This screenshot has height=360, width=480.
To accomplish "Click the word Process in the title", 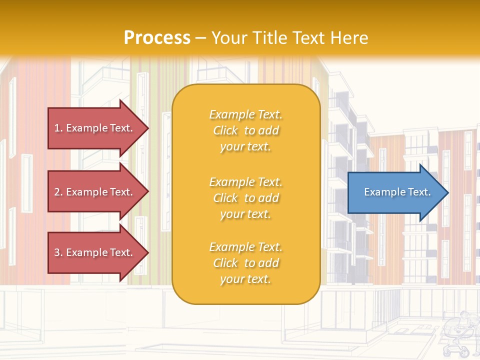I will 157,38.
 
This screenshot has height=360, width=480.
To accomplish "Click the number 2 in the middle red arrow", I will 57,192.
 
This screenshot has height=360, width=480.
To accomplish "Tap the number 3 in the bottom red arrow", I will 57,252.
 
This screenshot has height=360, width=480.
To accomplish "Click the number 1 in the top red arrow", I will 57,128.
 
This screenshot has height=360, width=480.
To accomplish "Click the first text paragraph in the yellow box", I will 245,130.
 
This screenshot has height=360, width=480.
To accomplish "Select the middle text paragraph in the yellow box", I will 245,198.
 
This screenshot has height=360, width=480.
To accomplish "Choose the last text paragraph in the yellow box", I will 245,263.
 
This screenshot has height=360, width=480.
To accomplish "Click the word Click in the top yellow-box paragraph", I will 225,130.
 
